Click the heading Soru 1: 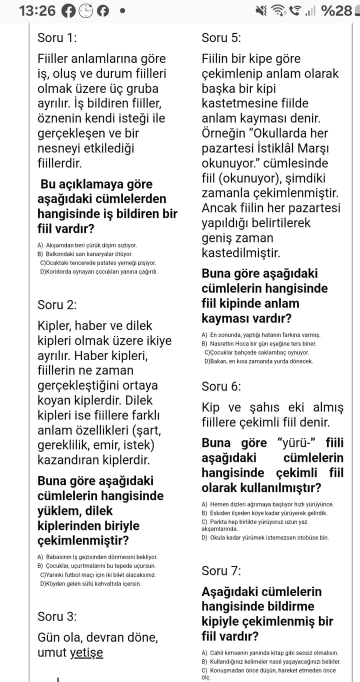point(57,37)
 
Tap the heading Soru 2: point(57,304)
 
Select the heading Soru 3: point(57,616)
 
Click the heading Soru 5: point(221,37)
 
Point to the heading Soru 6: point(221,386)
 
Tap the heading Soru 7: point(221,570)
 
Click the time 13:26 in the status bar point(37,10)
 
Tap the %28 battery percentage point(336,10)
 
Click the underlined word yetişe point(86,652)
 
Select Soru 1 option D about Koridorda point(98,272)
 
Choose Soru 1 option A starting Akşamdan point(87,245)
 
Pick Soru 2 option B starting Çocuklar point(96,565)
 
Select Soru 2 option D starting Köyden point(90,583)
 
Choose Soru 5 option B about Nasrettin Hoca point(259,343)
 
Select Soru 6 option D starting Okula point(265,537)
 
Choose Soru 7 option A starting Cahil point(270,652)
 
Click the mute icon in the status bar point(261,10)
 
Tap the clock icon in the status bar point(86,10)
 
